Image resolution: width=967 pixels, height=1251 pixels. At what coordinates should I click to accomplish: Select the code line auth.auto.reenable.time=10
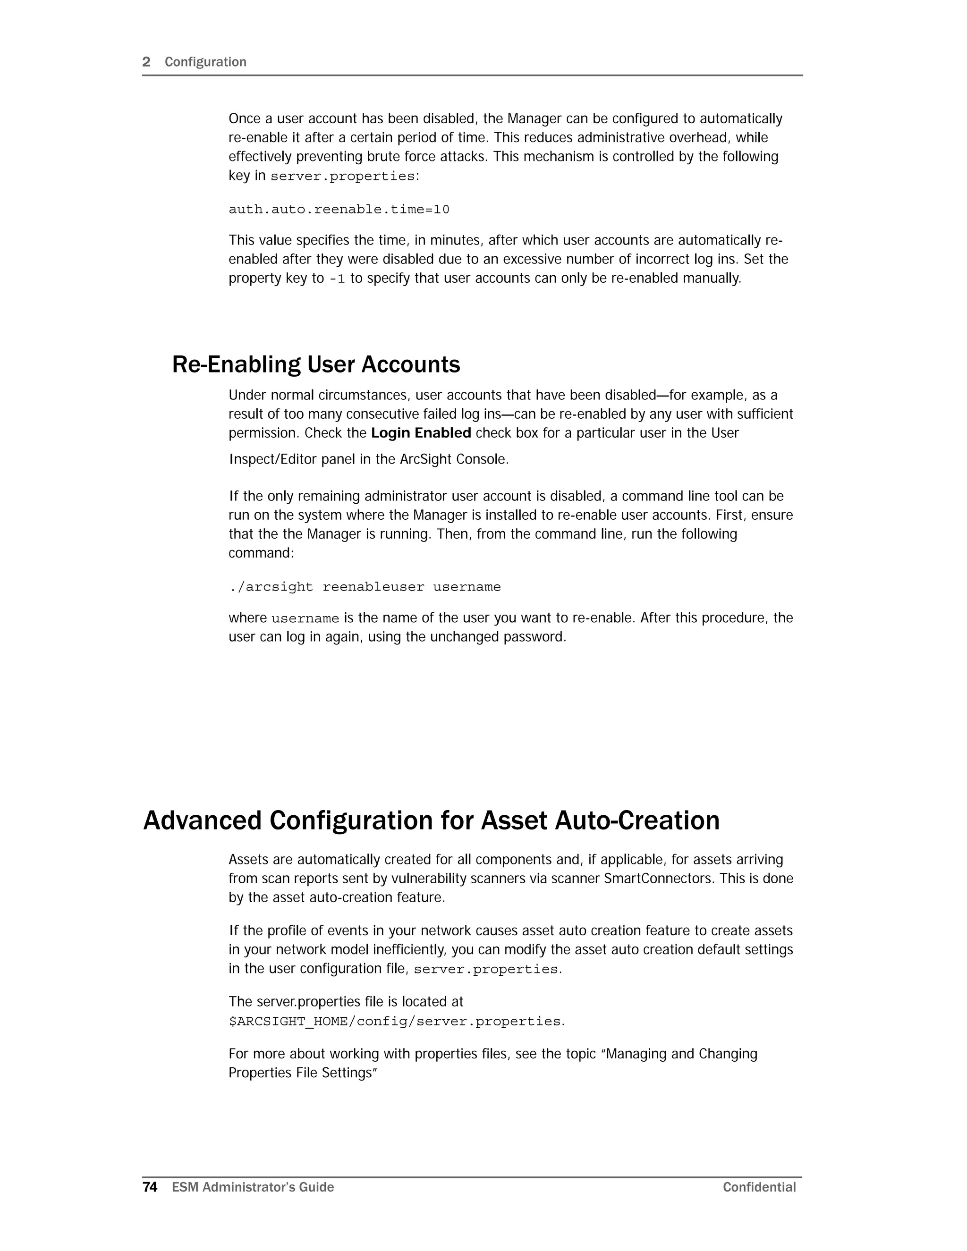(x=339, y=210)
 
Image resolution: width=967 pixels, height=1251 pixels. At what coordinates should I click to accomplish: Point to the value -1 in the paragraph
(x=338, y=279)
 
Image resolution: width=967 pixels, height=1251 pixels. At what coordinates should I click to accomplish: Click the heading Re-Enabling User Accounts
(x=316, y=364)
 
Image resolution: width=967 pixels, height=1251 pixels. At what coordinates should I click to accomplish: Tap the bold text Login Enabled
(x=421, y=433)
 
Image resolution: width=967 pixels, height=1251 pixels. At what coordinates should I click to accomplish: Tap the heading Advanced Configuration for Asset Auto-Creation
(x=431, y=820)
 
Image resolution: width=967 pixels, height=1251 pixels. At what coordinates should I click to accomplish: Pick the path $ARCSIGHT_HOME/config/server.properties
(x=395, y=1021)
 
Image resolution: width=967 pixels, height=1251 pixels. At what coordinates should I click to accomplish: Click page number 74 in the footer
(x=150, y=1187)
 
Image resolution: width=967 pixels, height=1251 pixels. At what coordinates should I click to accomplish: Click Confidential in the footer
(x=759, y=1187)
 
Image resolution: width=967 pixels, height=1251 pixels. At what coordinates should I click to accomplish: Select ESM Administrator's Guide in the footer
(x=253, y=1187)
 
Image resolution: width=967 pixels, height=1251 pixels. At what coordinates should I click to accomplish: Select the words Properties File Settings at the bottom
(x=300, y=1073)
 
